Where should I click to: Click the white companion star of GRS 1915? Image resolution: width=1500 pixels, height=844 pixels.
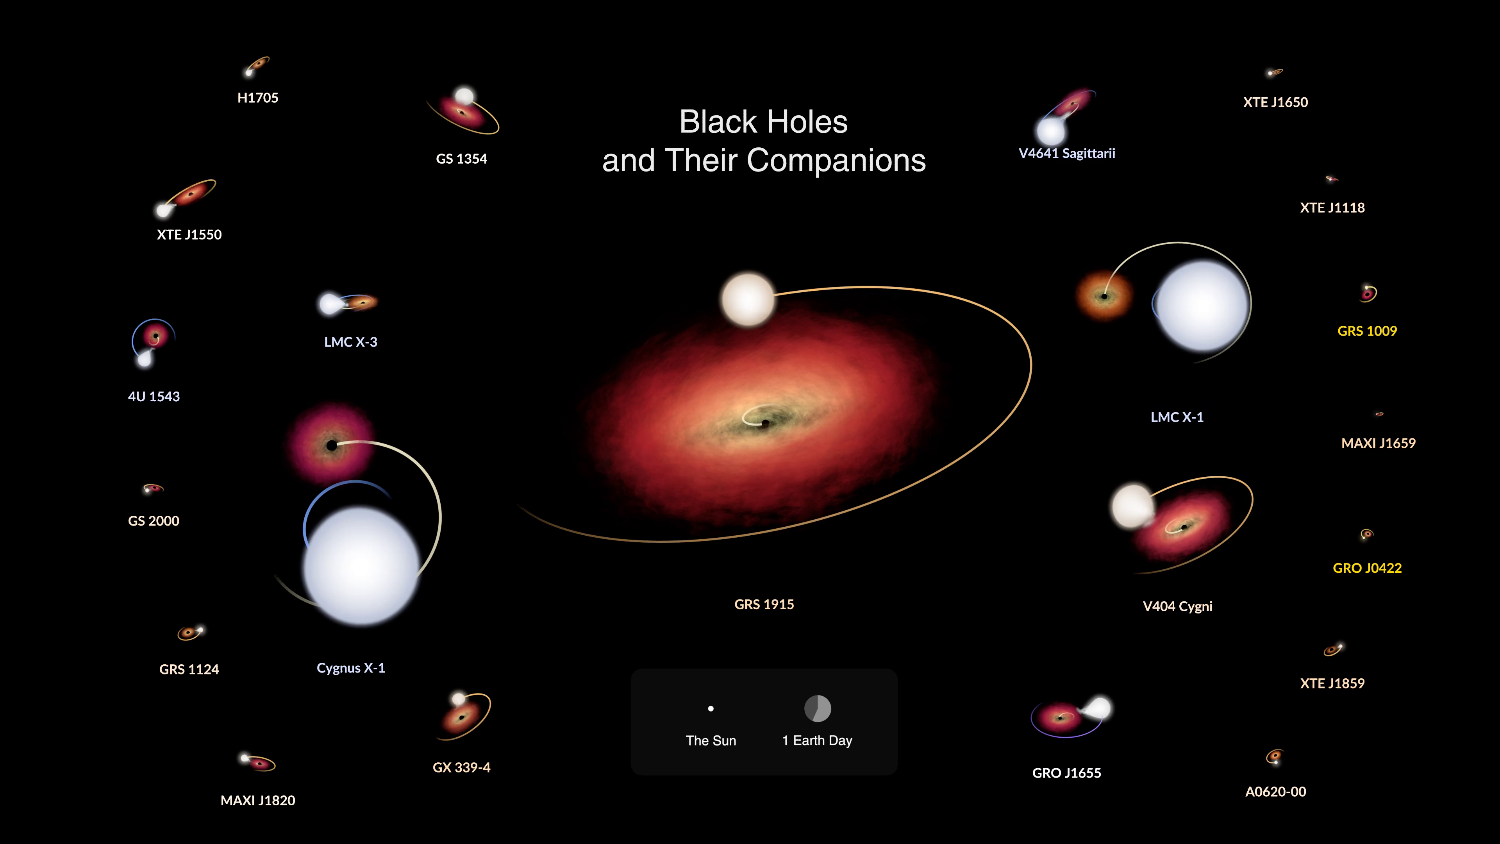click(748, 299)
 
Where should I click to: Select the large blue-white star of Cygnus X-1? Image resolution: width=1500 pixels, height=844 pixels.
click(361, 565)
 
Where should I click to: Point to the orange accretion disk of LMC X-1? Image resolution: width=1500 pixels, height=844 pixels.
click(1104, 296)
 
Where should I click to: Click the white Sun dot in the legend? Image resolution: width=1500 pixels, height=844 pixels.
click(711, 709)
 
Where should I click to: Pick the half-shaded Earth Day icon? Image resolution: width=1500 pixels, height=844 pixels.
click(818, 708)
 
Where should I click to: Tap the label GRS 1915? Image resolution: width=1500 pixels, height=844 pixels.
click(764, 604)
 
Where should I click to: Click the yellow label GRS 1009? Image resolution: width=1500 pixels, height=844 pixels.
click(1367, 331)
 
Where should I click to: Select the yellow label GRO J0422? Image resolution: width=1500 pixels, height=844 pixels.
click(1367, 568)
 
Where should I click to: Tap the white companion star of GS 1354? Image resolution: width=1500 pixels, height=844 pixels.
click(464, 96)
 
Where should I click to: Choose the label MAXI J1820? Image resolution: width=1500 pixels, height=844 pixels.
click(258, 800)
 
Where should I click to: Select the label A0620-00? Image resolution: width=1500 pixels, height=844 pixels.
click(1275, 792)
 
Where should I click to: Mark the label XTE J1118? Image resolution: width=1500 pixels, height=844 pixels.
click(1332, 207)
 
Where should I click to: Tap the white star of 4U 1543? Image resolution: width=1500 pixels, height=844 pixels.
click(144, 360)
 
